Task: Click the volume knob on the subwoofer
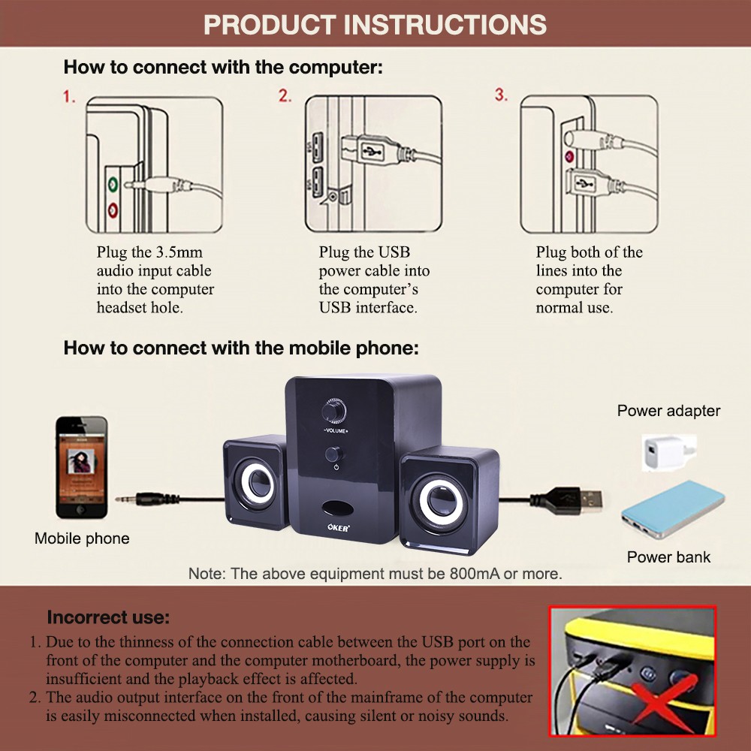(x=334, y=411)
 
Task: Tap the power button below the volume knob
(x=334, y=454)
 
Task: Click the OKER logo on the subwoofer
(x=339, y=527)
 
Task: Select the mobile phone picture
(x=81, y=467)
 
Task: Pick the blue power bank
(x=673, y=510)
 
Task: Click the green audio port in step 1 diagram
(x=113, y=183)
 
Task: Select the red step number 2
(x=285, y=95)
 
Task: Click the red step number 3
(x=501, y=95)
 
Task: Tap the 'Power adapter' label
(x=668, y=411)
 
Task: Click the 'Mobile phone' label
(x=82, y=538)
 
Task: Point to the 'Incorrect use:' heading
(x=108, y=617)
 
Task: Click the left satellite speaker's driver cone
(x=257, y=484)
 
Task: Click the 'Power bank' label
(x=668, y=557)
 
